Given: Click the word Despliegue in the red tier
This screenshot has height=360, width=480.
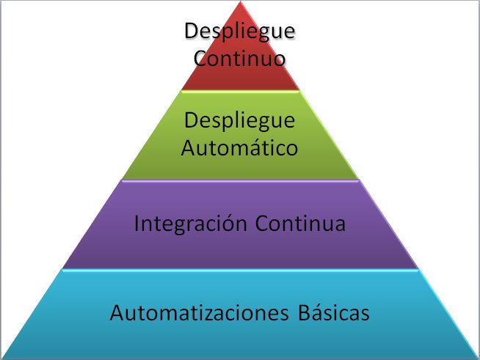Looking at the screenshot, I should (x=240, y=33).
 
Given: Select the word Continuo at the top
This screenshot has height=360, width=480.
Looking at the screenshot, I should (x=240, y=58).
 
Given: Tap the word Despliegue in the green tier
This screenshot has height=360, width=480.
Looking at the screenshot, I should (x=240, y=120).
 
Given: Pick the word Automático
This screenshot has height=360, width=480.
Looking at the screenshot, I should (x=240, y=147).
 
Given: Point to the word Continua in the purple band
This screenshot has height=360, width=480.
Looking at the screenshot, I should (x=300, y=224).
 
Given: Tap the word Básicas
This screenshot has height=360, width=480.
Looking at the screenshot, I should (x=334, y=313).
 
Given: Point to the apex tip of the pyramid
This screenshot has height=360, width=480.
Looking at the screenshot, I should (x=241, y=4).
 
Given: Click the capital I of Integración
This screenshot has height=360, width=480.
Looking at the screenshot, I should (x=138, y=224).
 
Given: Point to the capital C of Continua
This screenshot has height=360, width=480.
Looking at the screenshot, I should (x=262, y=224).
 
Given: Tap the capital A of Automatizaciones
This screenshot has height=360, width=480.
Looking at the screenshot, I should (x=117, y=313).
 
